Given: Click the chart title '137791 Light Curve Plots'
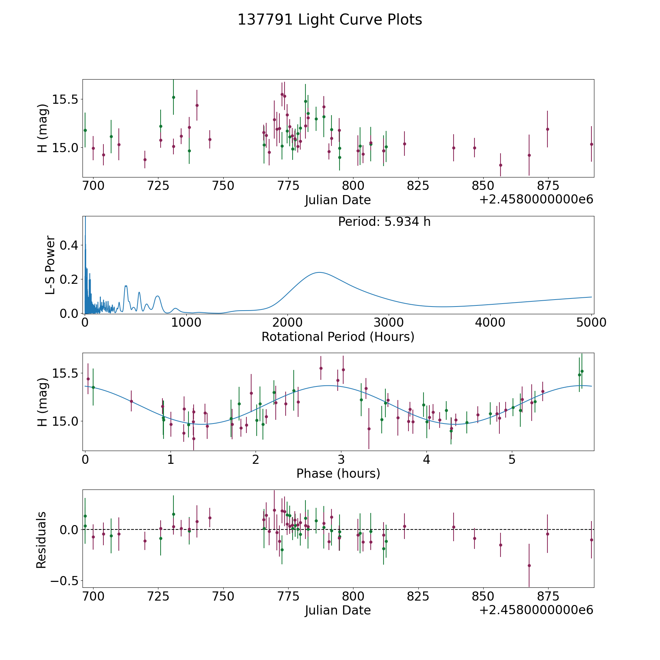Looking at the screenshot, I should pos(330,20).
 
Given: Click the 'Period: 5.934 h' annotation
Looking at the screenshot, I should pos(384,222).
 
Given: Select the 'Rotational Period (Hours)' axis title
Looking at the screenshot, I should pos(338,337).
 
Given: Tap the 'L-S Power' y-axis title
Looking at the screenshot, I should pos(50,265).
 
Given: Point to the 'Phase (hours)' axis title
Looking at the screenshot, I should pos(338,473).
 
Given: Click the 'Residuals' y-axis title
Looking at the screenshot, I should pos(41,540).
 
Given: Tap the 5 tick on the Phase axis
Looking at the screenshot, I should pos(512,459).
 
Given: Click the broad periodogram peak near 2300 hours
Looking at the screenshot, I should pos(319,272).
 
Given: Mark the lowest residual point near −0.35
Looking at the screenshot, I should pos(529,565).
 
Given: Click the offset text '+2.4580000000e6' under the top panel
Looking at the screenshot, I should pos(536,199).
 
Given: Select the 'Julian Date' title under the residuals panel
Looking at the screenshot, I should pos(338,610).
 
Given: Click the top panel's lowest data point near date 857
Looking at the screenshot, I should pos(500,165).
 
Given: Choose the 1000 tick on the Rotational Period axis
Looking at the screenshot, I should pos(186,323).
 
